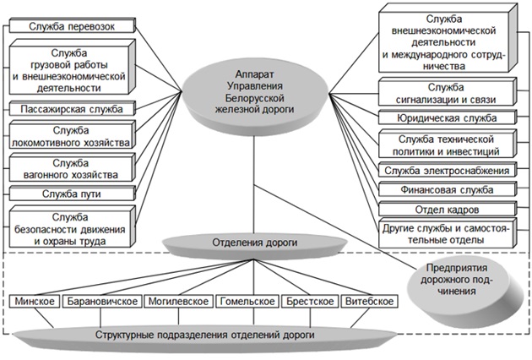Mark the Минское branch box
35,302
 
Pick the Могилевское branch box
176,302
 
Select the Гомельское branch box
247,302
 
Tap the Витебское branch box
371,302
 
